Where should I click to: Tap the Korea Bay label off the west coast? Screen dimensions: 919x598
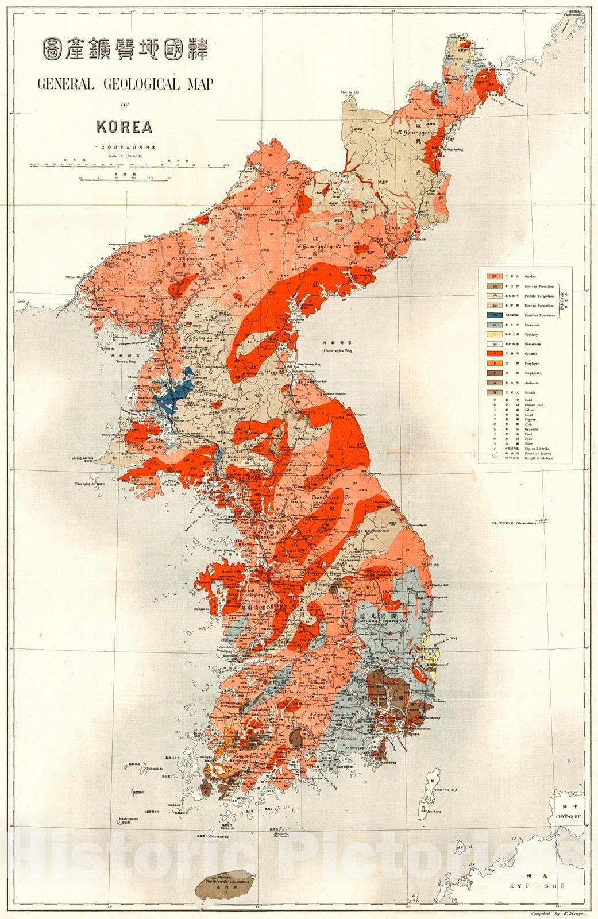[119, 362]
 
